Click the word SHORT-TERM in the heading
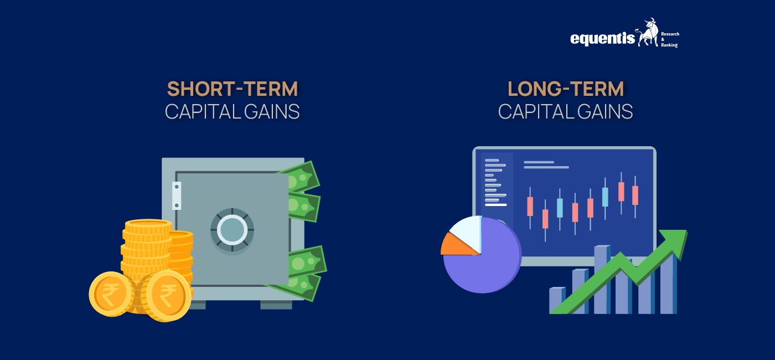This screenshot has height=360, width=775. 232,89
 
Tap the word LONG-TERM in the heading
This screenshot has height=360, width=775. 565,89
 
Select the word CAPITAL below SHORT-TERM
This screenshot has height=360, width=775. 197,112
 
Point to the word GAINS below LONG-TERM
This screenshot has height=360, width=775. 604,112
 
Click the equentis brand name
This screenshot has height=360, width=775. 602,38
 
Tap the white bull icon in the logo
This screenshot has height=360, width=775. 648,33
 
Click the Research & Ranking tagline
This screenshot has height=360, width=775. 669,39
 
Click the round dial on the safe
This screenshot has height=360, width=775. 232,230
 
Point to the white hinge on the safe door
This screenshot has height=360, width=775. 177,196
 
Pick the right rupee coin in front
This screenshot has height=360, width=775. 166,295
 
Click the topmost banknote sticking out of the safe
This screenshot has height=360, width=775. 302,176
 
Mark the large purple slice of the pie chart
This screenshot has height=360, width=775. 487,263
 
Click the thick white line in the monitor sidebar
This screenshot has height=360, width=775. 495,204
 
